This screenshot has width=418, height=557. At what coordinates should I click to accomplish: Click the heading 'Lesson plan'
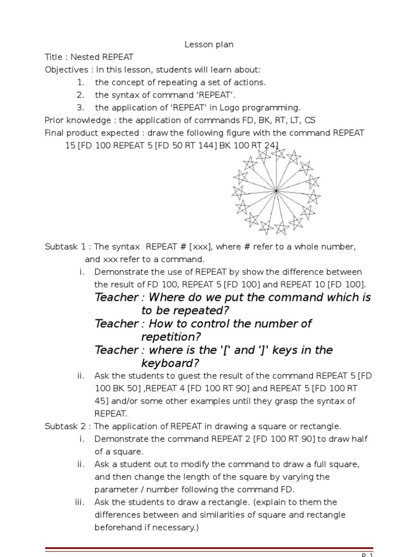click(209, 45)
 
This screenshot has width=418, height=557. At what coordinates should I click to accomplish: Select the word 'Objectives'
click(66, 70)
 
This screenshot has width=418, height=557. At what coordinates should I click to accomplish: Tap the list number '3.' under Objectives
click(81, 108)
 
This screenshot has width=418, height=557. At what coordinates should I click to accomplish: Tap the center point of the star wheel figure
click(276, 191)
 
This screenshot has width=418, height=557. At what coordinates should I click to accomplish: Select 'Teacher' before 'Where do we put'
click(116, 298)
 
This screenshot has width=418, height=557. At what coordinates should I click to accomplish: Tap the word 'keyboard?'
click(170, 363)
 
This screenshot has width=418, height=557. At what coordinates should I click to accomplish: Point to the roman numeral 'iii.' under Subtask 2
click(81, 502)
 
